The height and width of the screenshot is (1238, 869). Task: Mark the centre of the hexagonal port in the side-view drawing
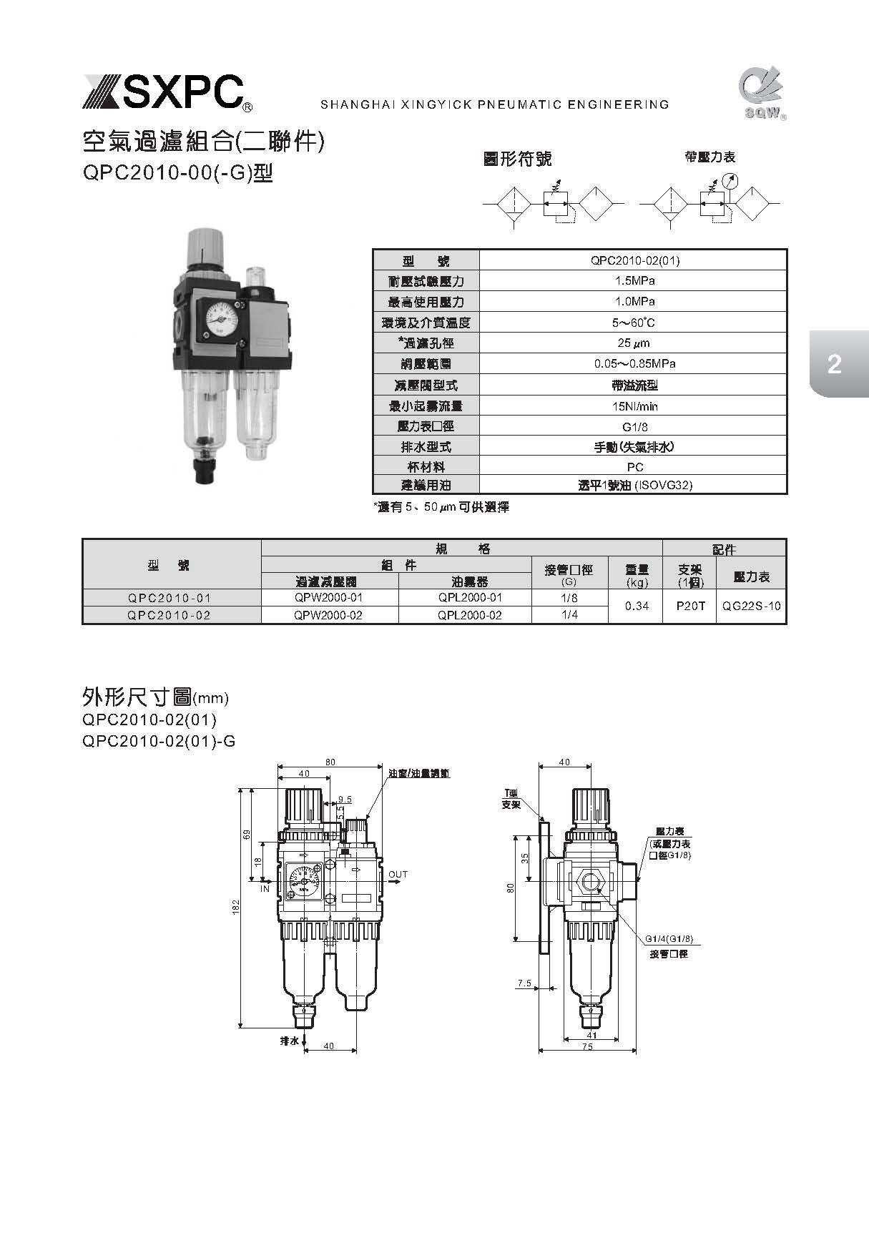(x=590, y=881)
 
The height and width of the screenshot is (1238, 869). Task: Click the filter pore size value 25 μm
(x=633, y=343)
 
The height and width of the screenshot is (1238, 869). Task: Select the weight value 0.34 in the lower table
(x=637, y=606)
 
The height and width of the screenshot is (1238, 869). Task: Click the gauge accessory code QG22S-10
(x=751, y=606)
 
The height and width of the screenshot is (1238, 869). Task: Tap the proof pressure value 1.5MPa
(x=634, y=280)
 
